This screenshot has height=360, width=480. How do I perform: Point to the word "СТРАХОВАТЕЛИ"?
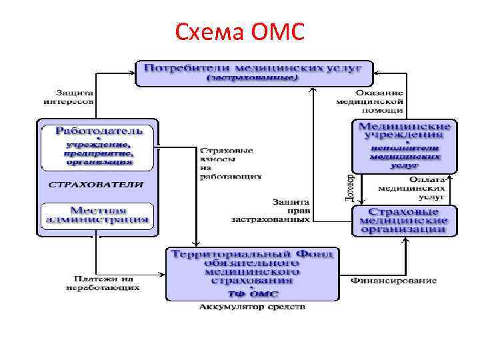[95, 184]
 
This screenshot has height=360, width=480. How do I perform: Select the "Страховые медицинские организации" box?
[404, 221]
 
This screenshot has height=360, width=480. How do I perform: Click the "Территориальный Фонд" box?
[253, 273]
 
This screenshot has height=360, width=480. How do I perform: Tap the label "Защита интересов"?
[69, 97]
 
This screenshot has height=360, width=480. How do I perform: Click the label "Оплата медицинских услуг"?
[404, 188]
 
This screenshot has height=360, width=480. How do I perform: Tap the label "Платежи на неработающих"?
[103, 283]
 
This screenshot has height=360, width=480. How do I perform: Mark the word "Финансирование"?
[393, 280]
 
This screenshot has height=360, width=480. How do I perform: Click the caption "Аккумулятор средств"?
[253, 307]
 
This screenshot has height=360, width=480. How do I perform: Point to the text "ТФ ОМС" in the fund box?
[253, 293]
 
